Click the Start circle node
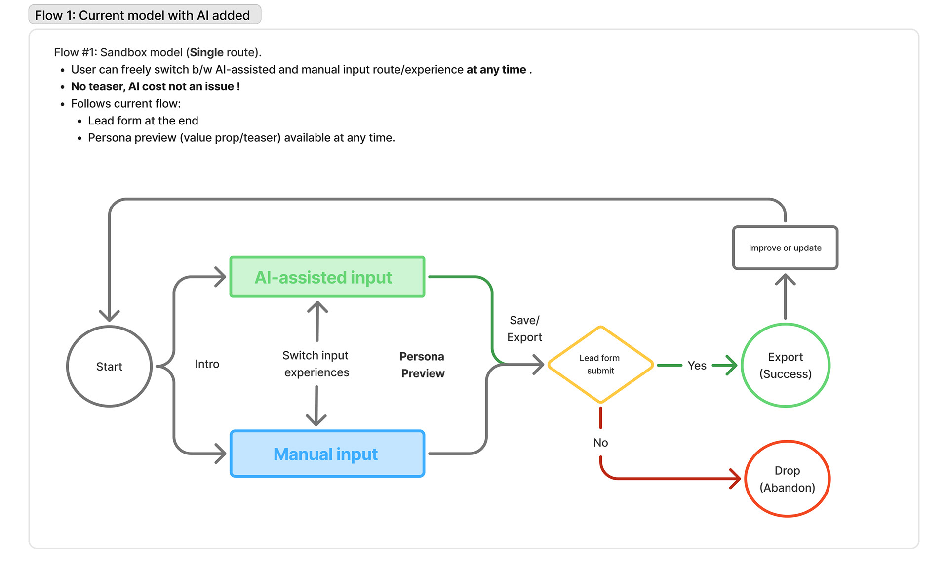click(109, 366)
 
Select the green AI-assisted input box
click(327, 277)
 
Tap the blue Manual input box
click(327, 454)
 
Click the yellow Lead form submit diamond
click(600, 365)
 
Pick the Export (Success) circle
click(785, 365)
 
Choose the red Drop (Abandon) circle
click(787, 479)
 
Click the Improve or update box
click(785, 248)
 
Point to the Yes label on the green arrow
click(697, 366)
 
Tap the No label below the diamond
click(600, 443)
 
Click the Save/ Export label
click(524, 329)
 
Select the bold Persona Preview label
click(422, 365)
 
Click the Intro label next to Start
click(207, 364)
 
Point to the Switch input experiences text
click(316, 364)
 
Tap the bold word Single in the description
click(206, 52)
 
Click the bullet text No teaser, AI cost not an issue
click(156, 86)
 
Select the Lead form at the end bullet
click(143, 121)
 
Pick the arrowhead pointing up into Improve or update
click(785, 280)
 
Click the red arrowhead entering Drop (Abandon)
click(736, 479)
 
